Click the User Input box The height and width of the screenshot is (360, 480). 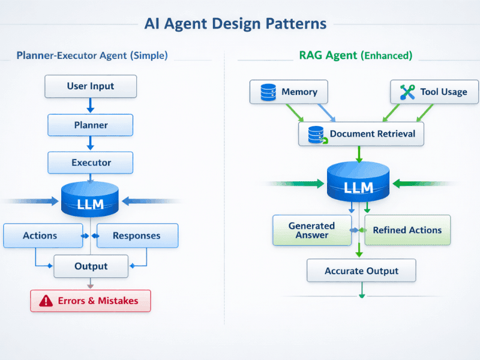(91, 86)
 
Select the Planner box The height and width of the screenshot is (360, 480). (91, 125)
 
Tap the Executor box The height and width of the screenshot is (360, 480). (91, 163)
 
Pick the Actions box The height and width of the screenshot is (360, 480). (43, 236)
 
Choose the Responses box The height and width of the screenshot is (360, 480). (137, 236)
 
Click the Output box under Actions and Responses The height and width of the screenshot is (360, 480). (91, 266)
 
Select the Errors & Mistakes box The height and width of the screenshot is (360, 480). (91, 301)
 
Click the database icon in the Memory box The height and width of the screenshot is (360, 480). (268, 92)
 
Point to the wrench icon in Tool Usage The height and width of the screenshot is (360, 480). (407, 92)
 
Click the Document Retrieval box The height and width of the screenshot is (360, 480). (361, 134)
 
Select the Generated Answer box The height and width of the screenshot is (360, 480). (311, 230)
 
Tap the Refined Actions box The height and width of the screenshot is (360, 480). (407, 230)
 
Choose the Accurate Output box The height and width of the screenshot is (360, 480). (361, 271)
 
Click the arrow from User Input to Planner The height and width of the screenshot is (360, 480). (91, 106)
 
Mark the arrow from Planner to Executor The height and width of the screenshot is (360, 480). (91, 143)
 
